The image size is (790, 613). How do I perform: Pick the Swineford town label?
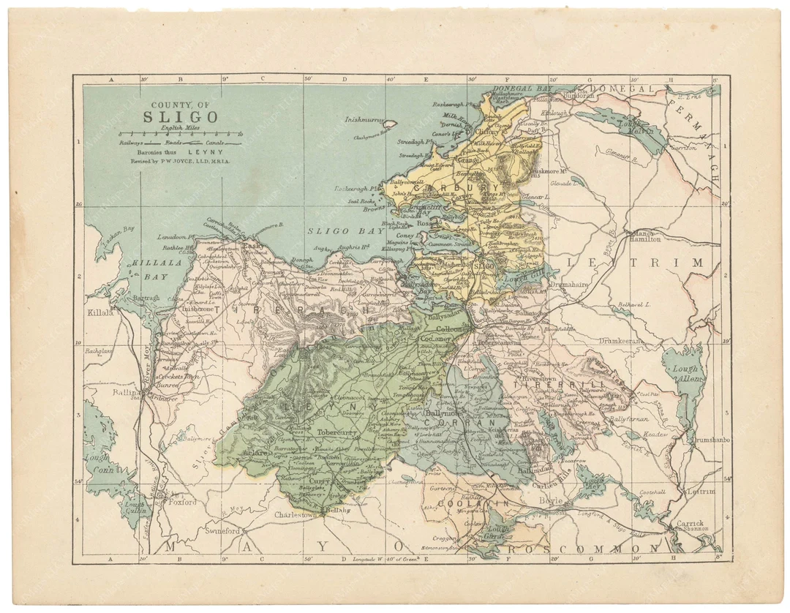coord(223,530)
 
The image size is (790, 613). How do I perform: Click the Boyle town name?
coord(551,500)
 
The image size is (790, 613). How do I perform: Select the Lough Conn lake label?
coord(100,464)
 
